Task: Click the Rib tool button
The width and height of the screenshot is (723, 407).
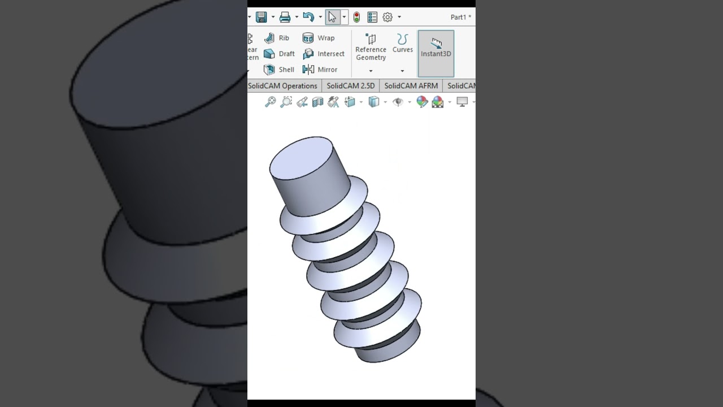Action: (277, 38)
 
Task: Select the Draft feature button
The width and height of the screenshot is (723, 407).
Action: (279, 54)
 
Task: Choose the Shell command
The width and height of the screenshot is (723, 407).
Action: (279, 70)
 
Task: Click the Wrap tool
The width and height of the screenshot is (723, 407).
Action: (319, 38)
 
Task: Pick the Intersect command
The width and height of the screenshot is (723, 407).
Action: (324, 54)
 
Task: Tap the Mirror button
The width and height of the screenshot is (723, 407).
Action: (320, 70)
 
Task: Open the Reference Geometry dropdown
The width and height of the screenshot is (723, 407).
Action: (371, 71)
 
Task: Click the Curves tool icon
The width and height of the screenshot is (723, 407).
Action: (402, 40)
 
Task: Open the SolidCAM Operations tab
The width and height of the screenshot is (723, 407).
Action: (283, 86)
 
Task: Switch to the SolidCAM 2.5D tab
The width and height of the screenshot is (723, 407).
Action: (350, 86)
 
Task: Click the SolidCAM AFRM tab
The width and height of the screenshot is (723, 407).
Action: (411, 86)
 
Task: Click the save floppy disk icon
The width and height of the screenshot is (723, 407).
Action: (261, 17)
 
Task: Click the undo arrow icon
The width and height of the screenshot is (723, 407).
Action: (308, 17)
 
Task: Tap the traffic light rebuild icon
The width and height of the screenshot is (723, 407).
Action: (356, 17)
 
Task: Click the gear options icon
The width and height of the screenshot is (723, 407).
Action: (387, 17)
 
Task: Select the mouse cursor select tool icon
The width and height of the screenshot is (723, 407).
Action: (332, 17)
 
